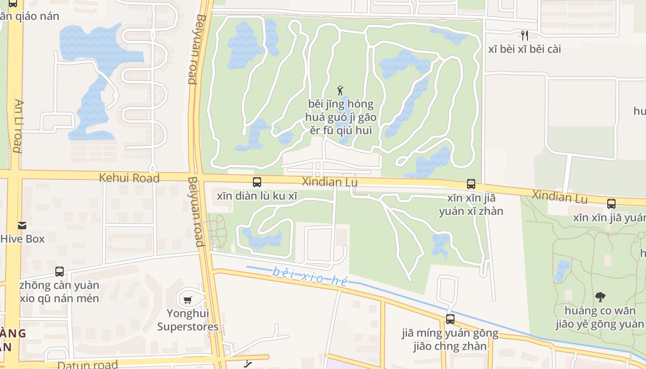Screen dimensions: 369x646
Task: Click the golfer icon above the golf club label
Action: (341, 90)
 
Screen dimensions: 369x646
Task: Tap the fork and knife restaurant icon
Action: (524, 35)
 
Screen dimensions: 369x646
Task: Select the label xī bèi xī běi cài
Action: (525, 49)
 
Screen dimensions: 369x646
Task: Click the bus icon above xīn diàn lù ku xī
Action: (257, 182)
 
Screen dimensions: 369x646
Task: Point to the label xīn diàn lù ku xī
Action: (257, 196)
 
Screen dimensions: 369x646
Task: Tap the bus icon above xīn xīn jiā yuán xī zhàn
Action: (471, 184)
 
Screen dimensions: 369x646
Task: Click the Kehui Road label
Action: (129, 178)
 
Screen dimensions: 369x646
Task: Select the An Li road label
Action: (18, 125)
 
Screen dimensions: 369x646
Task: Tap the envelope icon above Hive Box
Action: (22, 226)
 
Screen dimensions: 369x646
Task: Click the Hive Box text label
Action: (23, 239)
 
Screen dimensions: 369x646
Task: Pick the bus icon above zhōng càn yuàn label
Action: (60, 272)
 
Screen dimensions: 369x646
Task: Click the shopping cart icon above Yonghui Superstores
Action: (187, 300)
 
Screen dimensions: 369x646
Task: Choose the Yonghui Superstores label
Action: (188, 320)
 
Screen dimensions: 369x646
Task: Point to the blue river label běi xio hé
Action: (309, 276)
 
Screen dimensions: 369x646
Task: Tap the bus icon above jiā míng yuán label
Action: (450, 319)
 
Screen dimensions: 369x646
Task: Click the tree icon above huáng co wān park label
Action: (600, 297)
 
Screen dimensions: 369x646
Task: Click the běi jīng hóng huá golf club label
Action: (341, 117)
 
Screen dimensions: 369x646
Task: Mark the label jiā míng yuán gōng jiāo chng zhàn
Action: (450, 339)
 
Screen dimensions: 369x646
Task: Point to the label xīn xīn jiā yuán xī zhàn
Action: (471, 205)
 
